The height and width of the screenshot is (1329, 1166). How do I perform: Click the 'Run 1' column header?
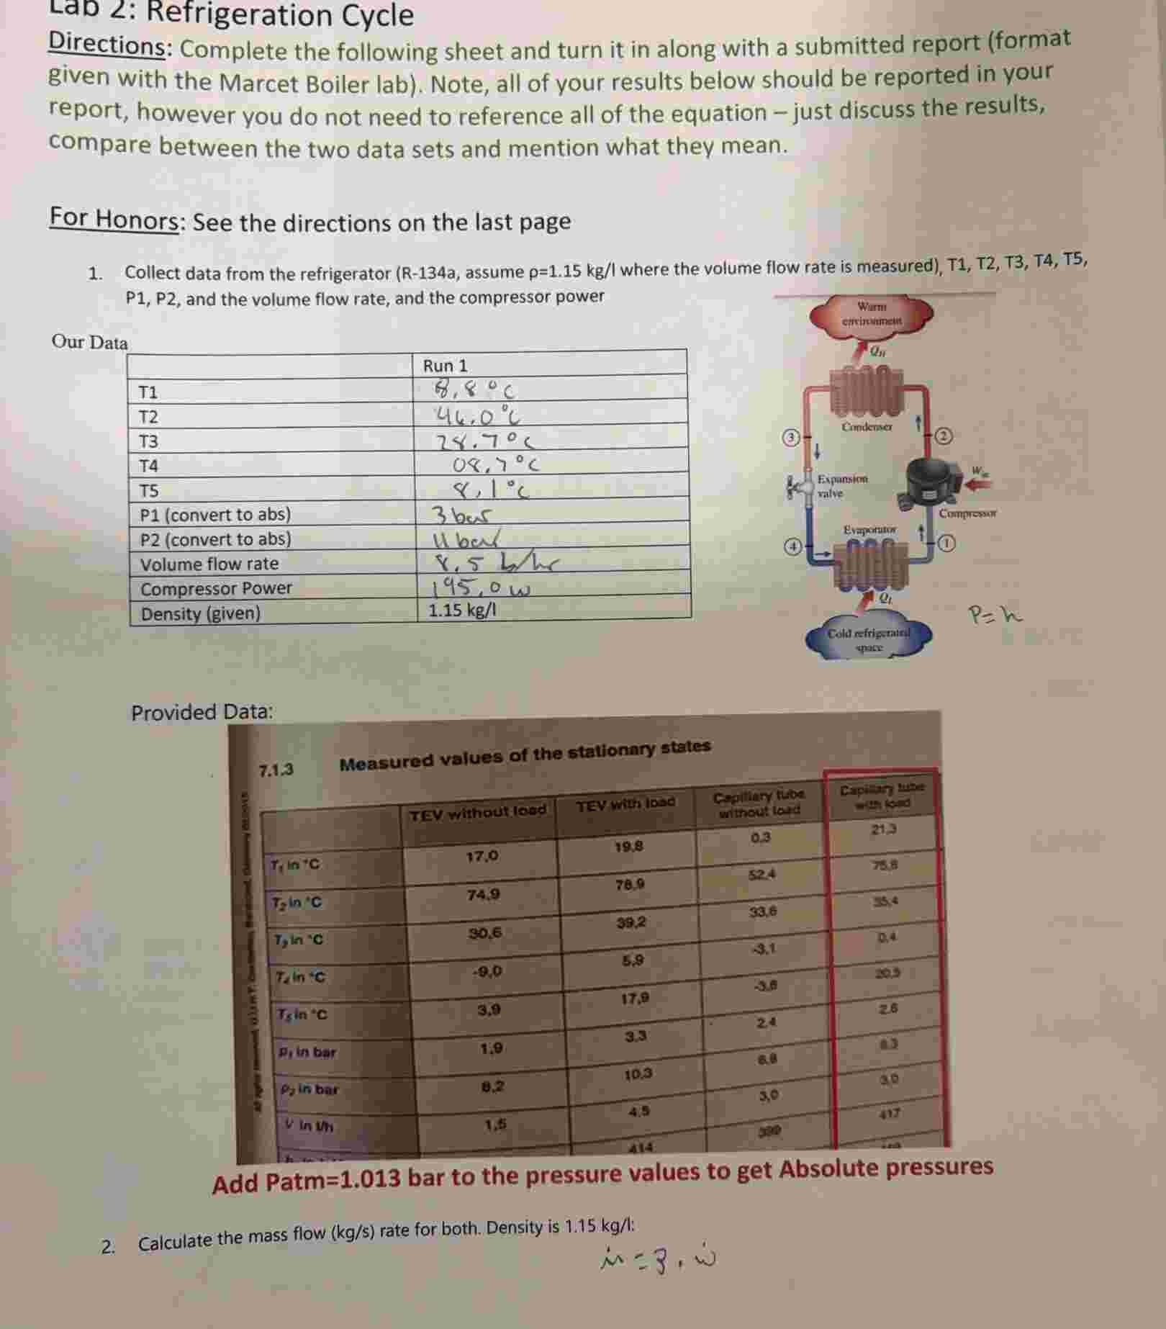445,366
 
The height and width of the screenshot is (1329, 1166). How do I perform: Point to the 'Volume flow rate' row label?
209,564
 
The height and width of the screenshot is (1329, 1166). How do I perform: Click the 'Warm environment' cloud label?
872,313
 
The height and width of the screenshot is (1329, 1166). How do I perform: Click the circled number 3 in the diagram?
791,437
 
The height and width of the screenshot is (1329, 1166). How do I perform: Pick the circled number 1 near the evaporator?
946,544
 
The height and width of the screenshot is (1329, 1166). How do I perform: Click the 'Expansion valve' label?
842,486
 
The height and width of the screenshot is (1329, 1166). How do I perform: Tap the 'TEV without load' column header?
478,811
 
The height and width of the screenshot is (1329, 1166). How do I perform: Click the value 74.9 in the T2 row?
483,895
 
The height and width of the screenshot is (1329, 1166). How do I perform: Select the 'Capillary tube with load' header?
882,796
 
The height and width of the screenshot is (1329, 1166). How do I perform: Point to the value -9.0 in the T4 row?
487,971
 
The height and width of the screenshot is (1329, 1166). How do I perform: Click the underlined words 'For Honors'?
114,218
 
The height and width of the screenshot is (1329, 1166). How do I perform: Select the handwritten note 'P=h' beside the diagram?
995,616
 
